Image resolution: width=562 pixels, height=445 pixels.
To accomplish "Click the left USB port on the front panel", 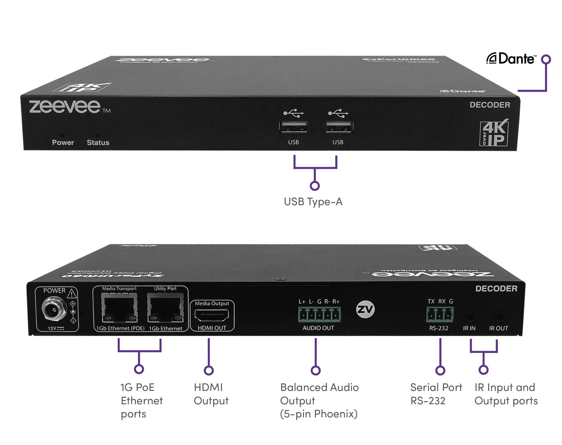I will [293, 127].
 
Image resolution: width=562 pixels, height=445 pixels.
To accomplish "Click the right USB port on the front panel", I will [338, 127].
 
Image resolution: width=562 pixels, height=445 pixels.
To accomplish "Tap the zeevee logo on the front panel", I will [65, 107].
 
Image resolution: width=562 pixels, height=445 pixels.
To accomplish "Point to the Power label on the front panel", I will [63, 142].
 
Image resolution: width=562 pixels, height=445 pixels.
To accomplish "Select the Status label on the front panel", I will [98, 142].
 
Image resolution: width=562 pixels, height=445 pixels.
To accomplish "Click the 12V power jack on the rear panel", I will [54, 310].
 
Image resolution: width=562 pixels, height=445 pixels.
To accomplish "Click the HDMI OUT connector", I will [212, 315].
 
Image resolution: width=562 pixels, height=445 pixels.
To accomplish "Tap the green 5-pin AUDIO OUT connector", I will [319, 314].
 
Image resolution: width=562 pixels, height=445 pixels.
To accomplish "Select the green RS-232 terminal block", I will [440, 314].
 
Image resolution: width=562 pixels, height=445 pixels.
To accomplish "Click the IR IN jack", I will [470, 317].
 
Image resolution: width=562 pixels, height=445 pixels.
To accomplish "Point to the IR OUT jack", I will [500, 317].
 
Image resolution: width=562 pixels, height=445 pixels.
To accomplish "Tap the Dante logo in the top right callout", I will [511, 59].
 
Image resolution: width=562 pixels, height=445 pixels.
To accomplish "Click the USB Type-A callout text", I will [313, 202].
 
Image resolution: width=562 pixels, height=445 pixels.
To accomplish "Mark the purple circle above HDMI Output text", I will [209, 370].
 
